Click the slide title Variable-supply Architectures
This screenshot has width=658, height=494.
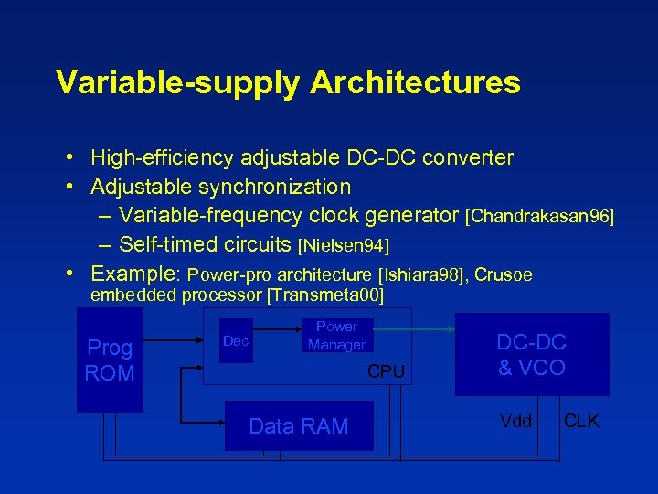tap(288, 82)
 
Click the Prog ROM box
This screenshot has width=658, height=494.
tap(110, 360)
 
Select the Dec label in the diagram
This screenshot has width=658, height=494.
tap(236, 341)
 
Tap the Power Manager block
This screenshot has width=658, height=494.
tap(336, 336)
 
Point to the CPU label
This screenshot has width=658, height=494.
tap(386, 371)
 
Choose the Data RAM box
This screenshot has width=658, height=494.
tap(299, 426)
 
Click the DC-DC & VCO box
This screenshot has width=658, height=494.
tap(531, 355)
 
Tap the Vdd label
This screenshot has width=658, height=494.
tap(516, 422)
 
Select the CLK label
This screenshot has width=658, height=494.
tap(581, 422)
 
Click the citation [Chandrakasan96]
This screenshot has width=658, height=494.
tap(539, 217)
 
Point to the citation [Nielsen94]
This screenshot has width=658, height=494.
tap(345, 246)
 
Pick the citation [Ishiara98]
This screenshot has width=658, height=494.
tap(421, 275)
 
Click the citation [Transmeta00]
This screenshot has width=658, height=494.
tap(324, 295)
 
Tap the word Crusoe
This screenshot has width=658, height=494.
tap(504, 275)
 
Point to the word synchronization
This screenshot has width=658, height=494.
tap(278, 187)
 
